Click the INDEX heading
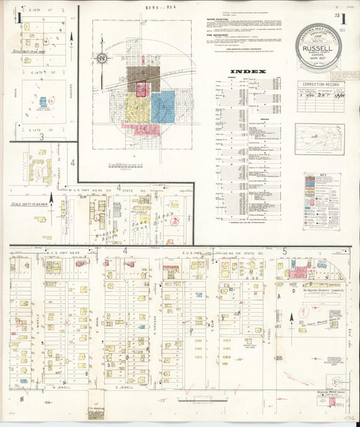248,71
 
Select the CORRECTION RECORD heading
319,85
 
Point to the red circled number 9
305,313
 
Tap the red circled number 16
175,220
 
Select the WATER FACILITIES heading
217,20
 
